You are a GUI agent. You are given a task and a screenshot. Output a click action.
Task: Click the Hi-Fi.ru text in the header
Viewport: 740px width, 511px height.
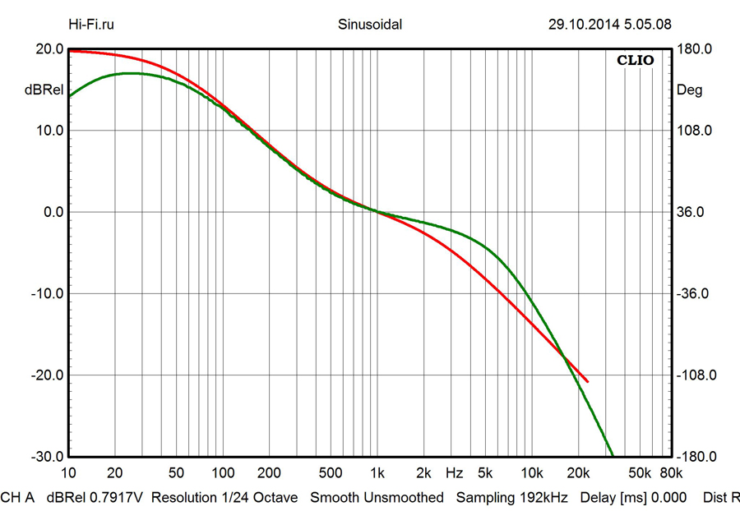coord(91,24)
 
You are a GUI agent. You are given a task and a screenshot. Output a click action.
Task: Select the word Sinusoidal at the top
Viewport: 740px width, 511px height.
coord(370,24)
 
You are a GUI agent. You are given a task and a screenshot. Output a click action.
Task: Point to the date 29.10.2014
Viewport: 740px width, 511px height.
coord(581,24)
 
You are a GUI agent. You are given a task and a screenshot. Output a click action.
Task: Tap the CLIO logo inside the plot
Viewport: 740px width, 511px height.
coord(635,60)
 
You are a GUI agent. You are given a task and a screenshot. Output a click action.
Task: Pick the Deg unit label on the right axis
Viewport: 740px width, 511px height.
coord(689,90)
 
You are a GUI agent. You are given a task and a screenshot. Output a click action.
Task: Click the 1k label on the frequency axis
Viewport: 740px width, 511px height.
coord(377,474)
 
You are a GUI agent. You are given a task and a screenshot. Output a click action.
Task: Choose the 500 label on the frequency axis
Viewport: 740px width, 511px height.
coord(331,474)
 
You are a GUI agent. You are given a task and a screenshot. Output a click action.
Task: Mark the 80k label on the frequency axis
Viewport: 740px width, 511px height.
coord(671,474)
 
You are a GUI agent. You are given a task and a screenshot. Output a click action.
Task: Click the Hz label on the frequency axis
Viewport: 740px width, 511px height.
coord(454,474)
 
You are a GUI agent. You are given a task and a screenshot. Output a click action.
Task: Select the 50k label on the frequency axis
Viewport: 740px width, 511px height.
coord(641,474)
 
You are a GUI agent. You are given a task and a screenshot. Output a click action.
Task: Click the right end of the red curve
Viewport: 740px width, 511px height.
coord(588,381)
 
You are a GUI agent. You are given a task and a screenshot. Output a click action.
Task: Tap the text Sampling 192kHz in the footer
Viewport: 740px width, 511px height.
coord(511,498)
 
